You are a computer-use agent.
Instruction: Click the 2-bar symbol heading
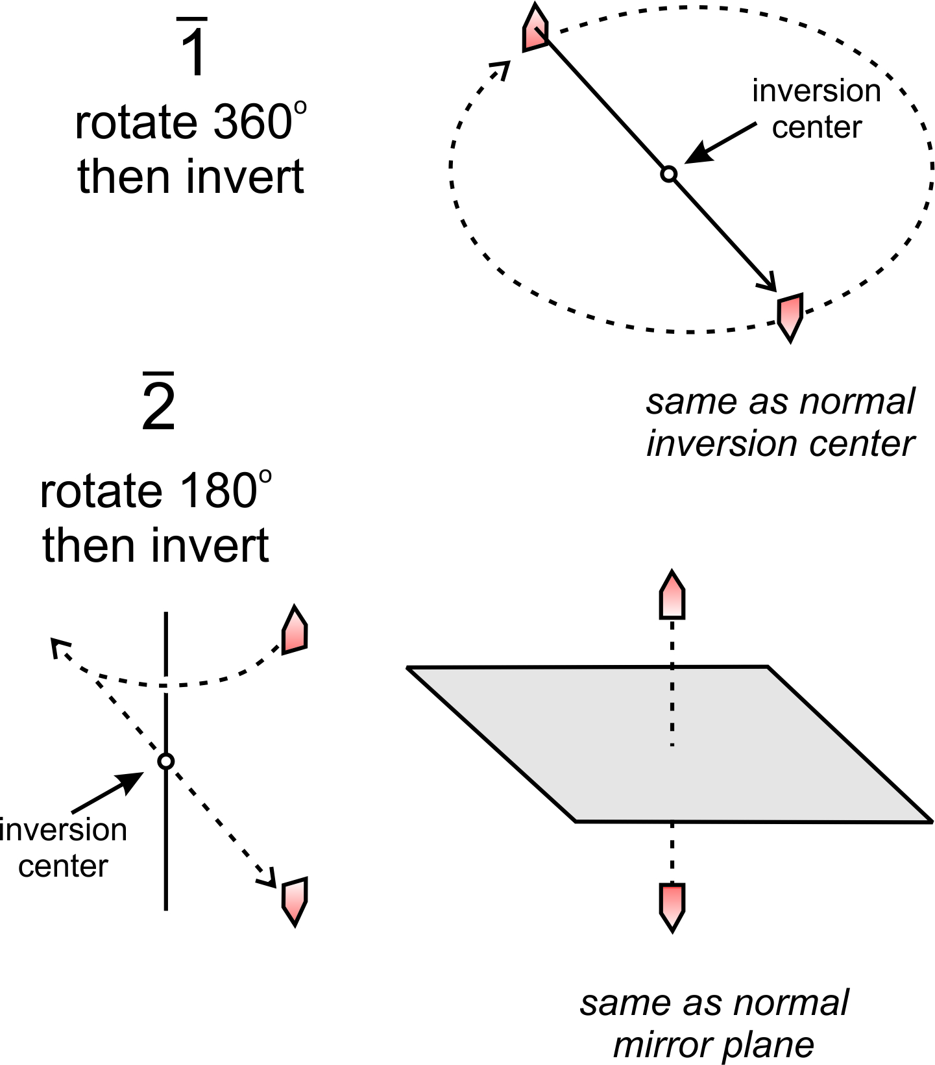point(159,403)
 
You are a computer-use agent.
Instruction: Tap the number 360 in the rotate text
point(253,123)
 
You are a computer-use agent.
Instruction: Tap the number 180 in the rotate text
point(218,491)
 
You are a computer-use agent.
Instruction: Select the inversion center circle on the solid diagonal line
point(669,174)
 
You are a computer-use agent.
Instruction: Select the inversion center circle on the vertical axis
point(166,761)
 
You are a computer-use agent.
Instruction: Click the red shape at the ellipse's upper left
point(535,29)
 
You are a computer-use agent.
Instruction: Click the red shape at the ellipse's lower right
point(790,316)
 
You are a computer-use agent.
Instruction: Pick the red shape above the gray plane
point(672,596)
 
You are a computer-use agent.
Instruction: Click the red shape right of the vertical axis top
point(295,630)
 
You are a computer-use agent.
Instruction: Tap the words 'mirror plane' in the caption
point(714,1046)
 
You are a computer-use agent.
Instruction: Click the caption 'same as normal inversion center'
point(780,423)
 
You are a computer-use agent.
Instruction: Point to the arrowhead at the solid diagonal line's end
point(769,284)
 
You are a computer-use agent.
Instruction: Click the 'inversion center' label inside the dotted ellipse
point(816,109)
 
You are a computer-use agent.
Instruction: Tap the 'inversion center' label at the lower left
point(63,847)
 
